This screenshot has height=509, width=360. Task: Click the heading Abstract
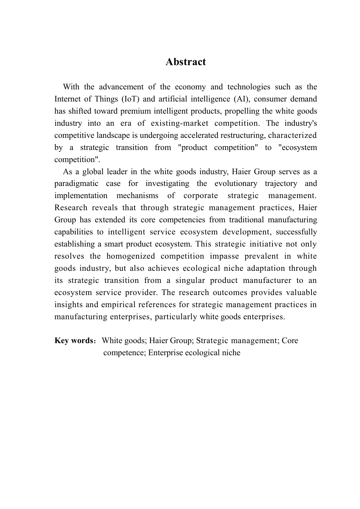(x=185, y=62)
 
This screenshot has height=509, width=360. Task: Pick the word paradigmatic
(x=76, y=184)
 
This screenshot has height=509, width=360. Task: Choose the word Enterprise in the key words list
(x=166, y=353)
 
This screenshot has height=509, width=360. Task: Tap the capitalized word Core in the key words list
(x=290, y=340)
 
